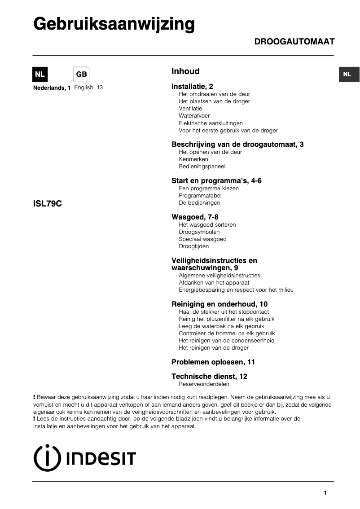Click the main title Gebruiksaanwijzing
point(114,24)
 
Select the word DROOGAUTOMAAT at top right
point(294,42)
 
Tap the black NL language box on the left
point(40,75)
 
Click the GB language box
point(81,75)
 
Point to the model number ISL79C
point(47,203)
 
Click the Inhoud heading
point(185,71)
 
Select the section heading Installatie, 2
point(192,86)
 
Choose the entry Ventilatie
point(190,109)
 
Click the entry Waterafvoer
point(194,116)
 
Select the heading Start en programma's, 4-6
point(216,181)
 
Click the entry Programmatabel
point(200,196)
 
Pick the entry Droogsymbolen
point(199,232)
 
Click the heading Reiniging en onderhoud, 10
point(220,304)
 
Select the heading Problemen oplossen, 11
point(213,362)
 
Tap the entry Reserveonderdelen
point(204,384)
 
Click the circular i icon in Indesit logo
point(47,458)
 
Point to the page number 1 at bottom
point(325,493)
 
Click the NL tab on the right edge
point(347,75)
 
